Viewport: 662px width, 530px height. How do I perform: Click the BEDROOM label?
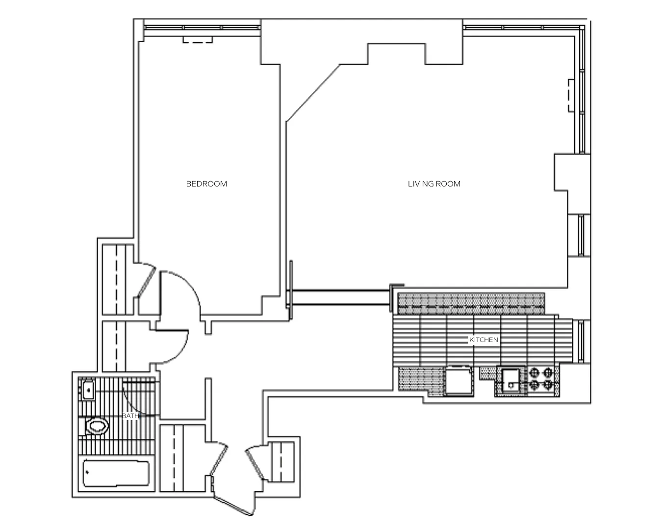[x=206, y=184]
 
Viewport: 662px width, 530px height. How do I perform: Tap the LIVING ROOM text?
[x=434, y=184]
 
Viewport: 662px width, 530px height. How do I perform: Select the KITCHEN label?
[x=484, y=340]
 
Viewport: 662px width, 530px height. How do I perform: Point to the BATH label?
[x=130, y=416]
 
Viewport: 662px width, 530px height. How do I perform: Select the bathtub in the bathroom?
[x=116, y=473]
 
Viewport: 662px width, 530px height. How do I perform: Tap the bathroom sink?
[x=88, y=390]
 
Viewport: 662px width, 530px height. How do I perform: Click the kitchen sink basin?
[x=511, y=381]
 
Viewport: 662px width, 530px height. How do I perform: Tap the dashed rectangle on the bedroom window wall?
[x=198, y=40]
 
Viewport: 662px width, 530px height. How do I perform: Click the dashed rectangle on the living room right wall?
[x=571, y=96]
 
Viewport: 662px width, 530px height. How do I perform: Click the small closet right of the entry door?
[x=281, y=462]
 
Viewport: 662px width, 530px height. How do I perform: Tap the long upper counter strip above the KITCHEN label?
[x=471, y=303]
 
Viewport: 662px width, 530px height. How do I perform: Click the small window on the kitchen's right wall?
[x=581, y=341]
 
